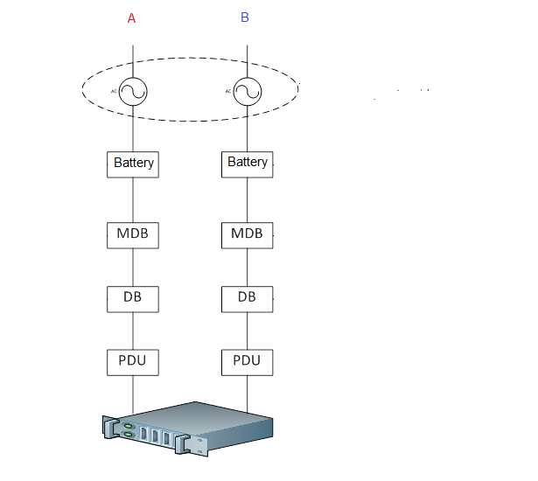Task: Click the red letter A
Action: pos(131,18)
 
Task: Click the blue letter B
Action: pos(245,17)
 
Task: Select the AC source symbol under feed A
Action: pos(133,92)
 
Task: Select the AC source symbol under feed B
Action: pos(248,92)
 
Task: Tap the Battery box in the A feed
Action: pos(133,164)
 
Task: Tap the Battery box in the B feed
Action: pos(248,164)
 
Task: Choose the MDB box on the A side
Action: pos(133,235)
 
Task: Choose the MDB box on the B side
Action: pos(248,235)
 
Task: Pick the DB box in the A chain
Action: pos(133,299)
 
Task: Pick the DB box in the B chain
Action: pos(248,299)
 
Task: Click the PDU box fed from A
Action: pos(133,363)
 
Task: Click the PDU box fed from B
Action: pos(248,363)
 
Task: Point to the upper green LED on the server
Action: pos(128,426)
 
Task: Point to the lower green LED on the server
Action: pos(128,435)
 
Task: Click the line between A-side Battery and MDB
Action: pos(133,200)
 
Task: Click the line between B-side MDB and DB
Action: pos(248,268)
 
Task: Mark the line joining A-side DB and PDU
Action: pos(133,331)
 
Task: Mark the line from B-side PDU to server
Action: pos(248,394)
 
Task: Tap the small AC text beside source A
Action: pos(114,91)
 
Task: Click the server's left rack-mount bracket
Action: pos(110,428)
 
